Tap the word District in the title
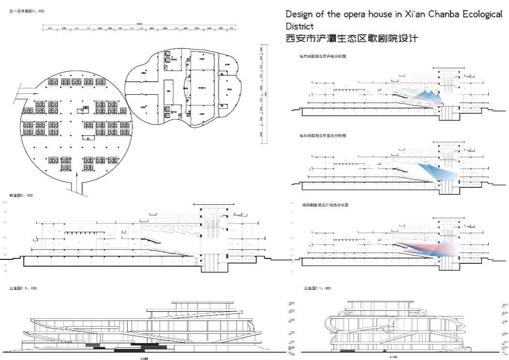(x=299, y=26)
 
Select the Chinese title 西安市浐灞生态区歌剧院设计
(x=351, y=38)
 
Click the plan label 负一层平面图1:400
(x=27, y=11)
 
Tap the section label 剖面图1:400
(x=21, y=195)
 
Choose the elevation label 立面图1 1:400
(x=23, y=288)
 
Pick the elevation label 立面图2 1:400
(x=317, y=288)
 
